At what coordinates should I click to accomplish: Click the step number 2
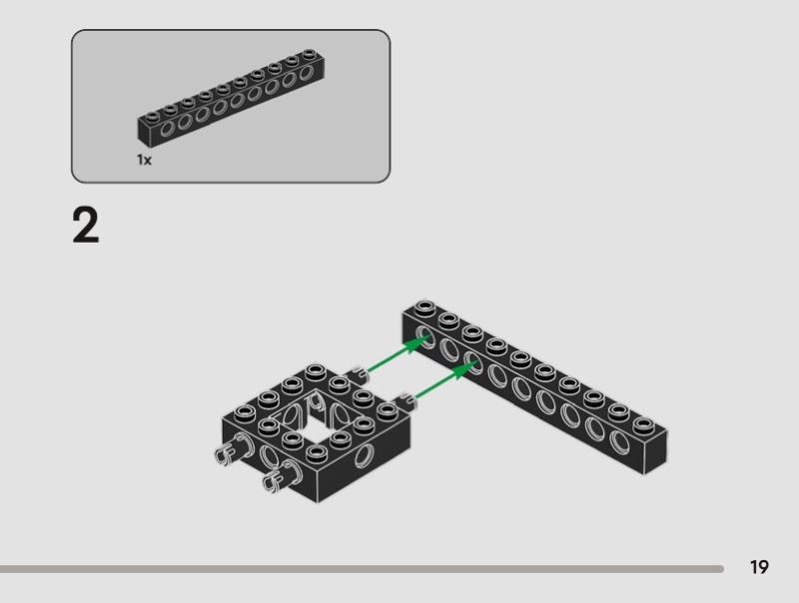[86, 225]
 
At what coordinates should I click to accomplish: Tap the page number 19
[759, 567]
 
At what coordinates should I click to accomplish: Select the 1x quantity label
[144, 160]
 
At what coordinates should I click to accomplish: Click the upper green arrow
[398, 354]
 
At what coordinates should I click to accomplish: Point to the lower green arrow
[446, 379]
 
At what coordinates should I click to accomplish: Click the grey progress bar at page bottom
[362, 569]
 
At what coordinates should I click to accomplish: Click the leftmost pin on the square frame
[232, 448]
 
